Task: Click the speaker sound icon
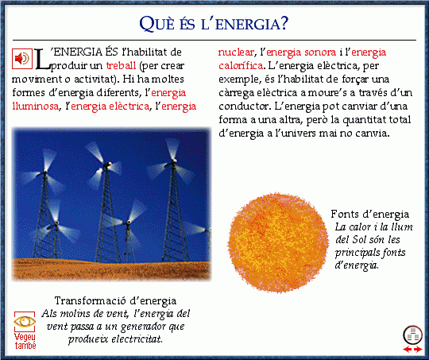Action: point(22,58)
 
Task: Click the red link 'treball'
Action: point(121,66)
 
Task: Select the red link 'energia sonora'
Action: point(301,52)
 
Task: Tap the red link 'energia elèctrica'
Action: point(110,106)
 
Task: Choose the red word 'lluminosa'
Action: point(35,106)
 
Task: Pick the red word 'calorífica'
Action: point(241,66)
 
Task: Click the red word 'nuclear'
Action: point(236,52)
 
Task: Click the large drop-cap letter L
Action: point(42,59)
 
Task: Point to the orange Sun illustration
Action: point(278,242)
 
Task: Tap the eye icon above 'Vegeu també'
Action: point(25,321)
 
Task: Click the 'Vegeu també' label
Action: point(25,341)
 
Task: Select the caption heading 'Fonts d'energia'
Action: point(370,214)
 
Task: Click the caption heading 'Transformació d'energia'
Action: point(115,300)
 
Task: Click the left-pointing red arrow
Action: point(407,349)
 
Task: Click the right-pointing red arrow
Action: point(418,349)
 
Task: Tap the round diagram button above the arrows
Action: point(412,335)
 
